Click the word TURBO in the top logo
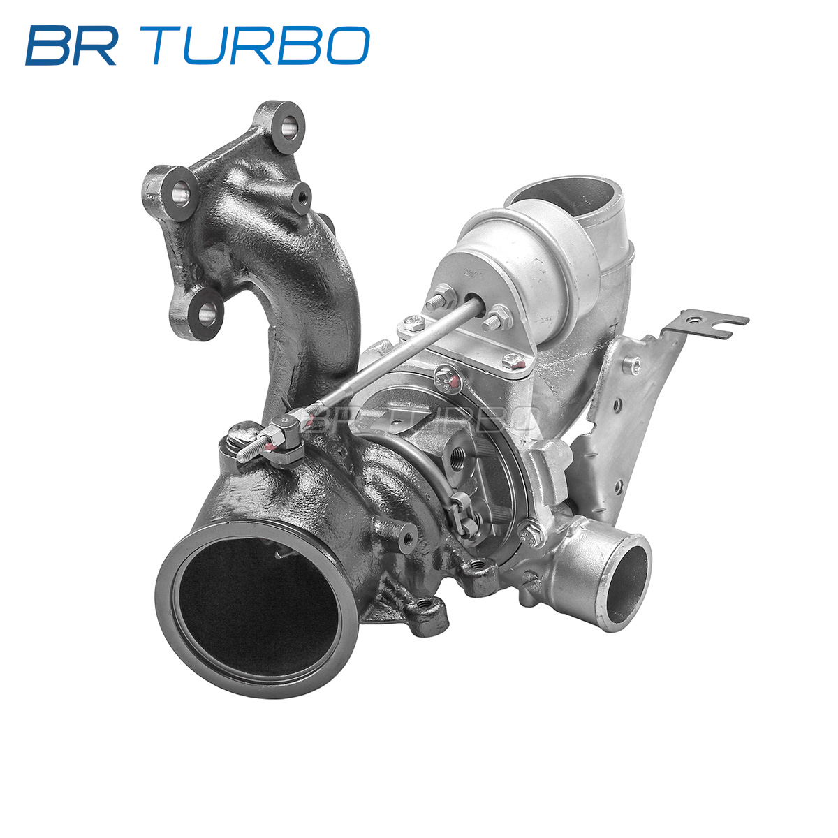[x=260, y=45]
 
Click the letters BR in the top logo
[x=71, y=45]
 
